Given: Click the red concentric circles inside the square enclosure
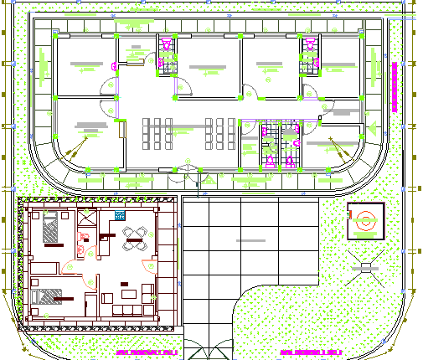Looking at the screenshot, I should [366, 223].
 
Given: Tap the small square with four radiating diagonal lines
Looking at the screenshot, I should [365, 267].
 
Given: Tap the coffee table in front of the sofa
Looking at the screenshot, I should [128, 293].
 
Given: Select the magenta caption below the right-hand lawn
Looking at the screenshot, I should [312, 352].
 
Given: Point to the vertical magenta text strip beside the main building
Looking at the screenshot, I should [392, 84].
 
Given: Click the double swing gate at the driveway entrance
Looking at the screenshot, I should [207, 349].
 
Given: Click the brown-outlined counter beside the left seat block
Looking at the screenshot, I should [123, 137].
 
